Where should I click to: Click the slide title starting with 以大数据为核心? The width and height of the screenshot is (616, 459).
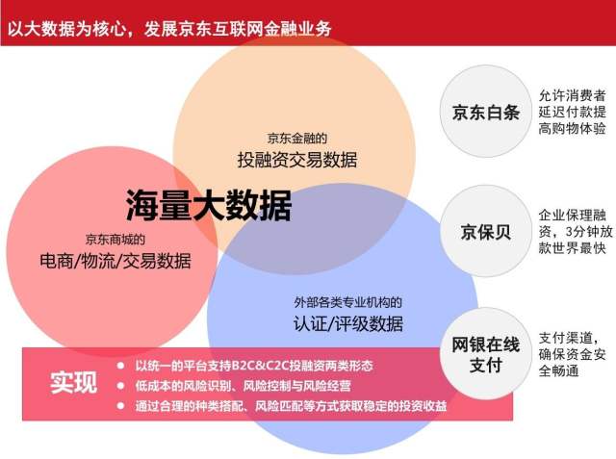click(x=169, y=29)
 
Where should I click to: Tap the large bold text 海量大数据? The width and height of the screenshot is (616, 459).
click(x=209, y=205)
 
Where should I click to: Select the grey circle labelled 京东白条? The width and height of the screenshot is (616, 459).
click(x=485, y=112)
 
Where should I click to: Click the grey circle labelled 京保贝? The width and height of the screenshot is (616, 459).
click(x=485, y=231)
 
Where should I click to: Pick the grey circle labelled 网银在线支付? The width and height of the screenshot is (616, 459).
click(x=485, y=354)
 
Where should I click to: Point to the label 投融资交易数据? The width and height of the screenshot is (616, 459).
click(x=297, y=160)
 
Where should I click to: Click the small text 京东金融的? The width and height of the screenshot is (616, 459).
click(x=297, y=139)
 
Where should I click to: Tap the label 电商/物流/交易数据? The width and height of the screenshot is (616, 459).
click(x=115, y=261)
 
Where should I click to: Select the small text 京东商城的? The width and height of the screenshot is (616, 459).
click(x=115, y=239)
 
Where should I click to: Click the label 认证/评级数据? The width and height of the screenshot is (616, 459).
click(x=348, y=324)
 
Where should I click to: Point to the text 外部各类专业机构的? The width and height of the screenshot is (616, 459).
click(x=348, y=302)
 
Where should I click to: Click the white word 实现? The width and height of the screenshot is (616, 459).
click(x=73, y=382)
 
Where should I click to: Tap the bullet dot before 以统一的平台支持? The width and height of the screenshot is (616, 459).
click(x=120, y=366)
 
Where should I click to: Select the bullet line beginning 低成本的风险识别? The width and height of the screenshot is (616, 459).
click(x=244, y=386)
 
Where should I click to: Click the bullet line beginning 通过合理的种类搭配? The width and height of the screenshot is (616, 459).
click(x=291, y=406)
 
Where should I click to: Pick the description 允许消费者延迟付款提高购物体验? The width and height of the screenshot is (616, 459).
click(x=572, y=112)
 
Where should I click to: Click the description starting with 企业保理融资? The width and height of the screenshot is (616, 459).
click(x=576, y=232)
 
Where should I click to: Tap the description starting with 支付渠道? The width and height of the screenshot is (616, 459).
click(x=572, y=354)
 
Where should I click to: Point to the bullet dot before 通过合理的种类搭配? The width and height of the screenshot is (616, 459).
click(x=120, y=406)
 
